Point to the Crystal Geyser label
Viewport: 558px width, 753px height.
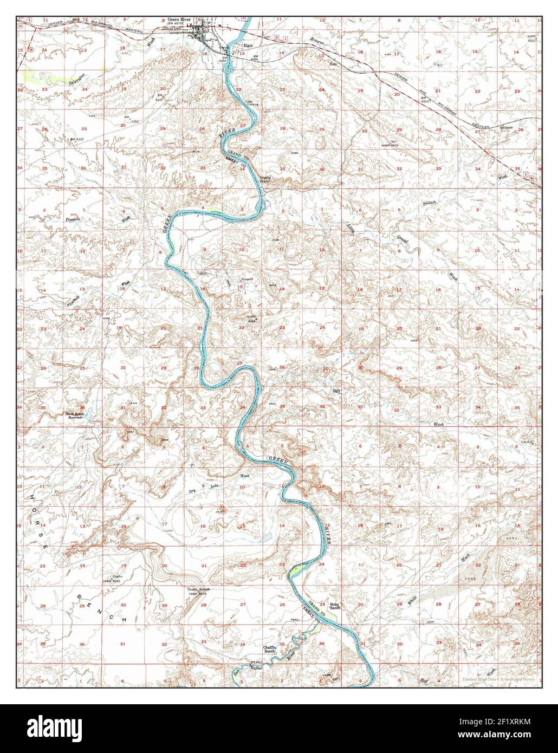pyautogui.click(x=266, y=179)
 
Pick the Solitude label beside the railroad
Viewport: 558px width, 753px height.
pyautogui.click(x=506, y=128)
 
